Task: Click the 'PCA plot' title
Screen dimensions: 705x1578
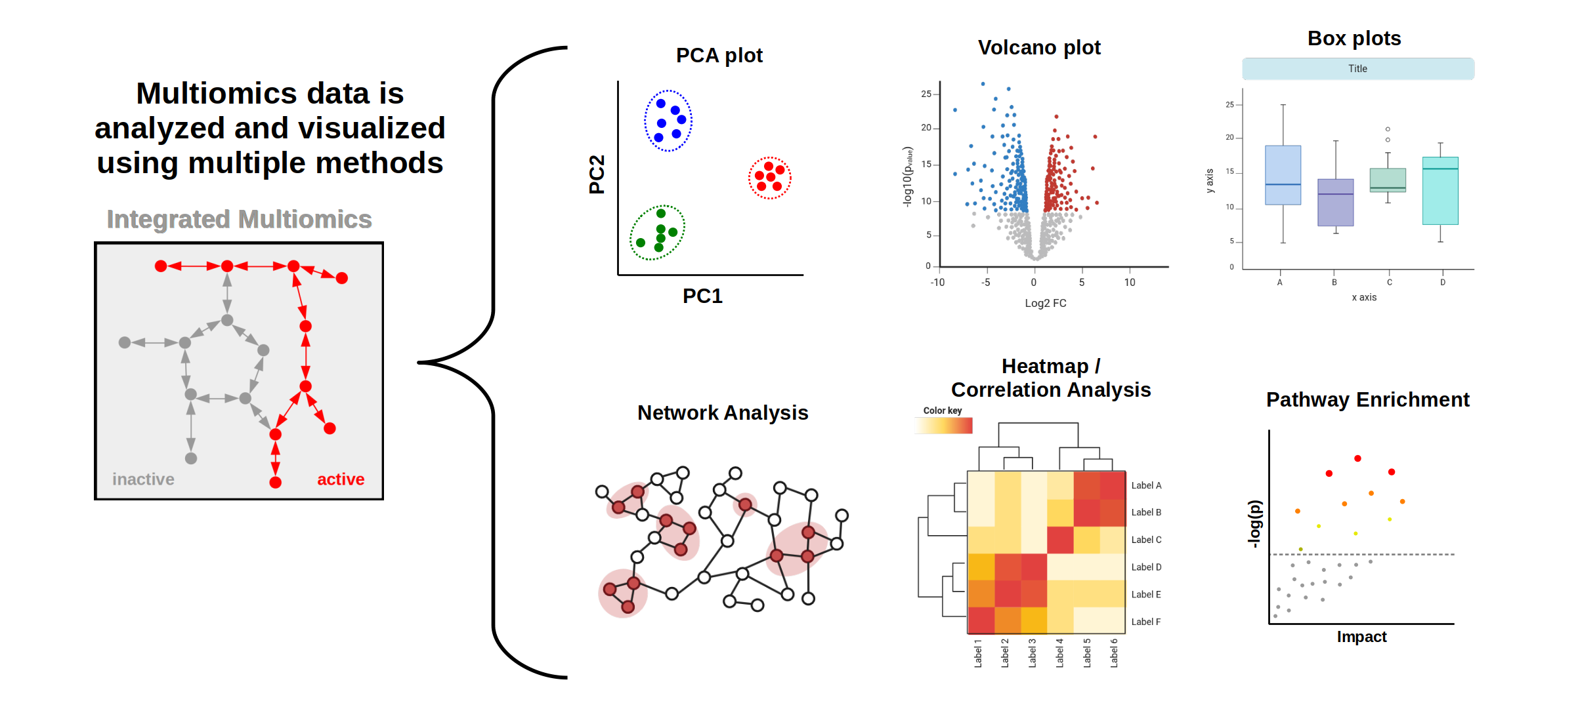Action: tap(719, 56)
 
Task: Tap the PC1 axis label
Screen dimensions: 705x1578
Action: tap(702, 296)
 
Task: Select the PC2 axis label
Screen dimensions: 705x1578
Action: tap(597, 174)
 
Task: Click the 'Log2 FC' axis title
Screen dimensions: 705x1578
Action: tap(1045, 303)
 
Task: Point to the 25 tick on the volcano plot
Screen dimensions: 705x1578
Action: tap(926, 94)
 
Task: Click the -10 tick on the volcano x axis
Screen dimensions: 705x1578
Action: tap(937, 283)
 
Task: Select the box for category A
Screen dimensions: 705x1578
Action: tap(1283, 175)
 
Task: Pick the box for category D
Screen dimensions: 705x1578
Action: tap(1440, 191)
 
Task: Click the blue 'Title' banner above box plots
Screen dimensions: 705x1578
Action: tap(1357, 69)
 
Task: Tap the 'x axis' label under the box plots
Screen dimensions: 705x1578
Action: tap(1364, 297)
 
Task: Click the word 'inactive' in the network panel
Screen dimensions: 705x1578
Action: tap(143, 479)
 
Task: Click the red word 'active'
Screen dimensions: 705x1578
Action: tap(341, 479)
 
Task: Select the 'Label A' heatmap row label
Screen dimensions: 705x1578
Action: tap(1146, 485)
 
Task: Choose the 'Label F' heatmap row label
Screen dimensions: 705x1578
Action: tap(1145, 622)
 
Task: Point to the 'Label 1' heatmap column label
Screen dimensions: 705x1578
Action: tap(978, 653)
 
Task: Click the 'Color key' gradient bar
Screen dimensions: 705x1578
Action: tap(944, 426)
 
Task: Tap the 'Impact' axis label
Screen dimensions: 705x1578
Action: tap(1361, 637)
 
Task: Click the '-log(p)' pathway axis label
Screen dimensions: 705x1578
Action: tap(1254, 524)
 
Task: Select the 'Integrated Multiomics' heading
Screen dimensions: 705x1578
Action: tap(239, 219)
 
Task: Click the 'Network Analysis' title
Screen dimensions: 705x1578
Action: tap(722, 413)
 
